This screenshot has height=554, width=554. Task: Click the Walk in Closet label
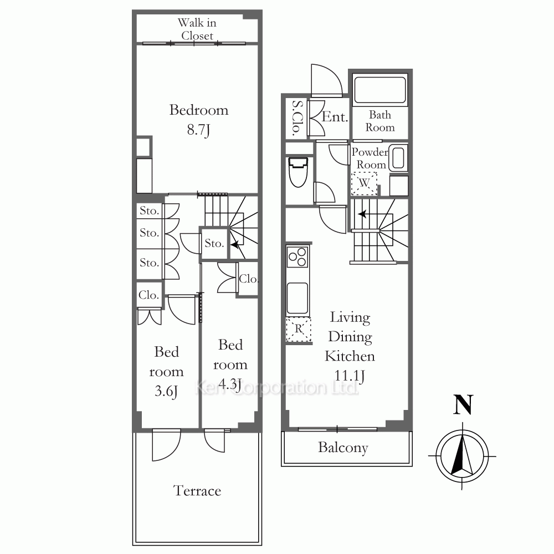197,29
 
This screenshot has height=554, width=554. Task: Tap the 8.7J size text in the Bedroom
198,130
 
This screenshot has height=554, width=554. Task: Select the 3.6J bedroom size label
166,391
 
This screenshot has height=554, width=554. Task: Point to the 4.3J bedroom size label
230,383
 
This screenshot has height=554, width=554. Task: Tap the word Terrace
197,490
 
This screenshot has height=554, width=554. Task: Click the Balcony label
343,448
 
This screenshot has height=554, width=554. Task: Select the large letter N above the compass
463,405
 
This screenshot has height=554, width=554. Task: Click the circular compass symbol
462,456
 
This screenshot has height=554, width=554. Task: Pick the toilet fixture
298,172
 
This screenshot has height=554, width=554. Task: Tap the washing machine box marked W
364,183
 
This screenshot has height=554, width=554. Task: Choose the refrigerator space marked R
299,329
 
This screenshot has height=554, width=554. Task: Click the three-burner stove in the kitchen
297,257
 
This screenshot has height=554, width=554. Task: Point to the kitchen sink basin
297,298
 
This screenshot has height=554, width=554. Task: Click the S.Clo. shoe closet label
297,119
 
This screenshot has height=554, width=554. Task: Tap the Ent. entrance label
335,116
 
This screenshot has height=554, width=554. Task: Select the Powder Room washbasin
398,158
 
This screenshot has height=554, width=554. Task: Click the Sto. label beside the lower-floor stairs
214,243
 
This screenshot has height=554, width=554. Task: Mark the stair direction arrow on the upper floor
362,214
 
